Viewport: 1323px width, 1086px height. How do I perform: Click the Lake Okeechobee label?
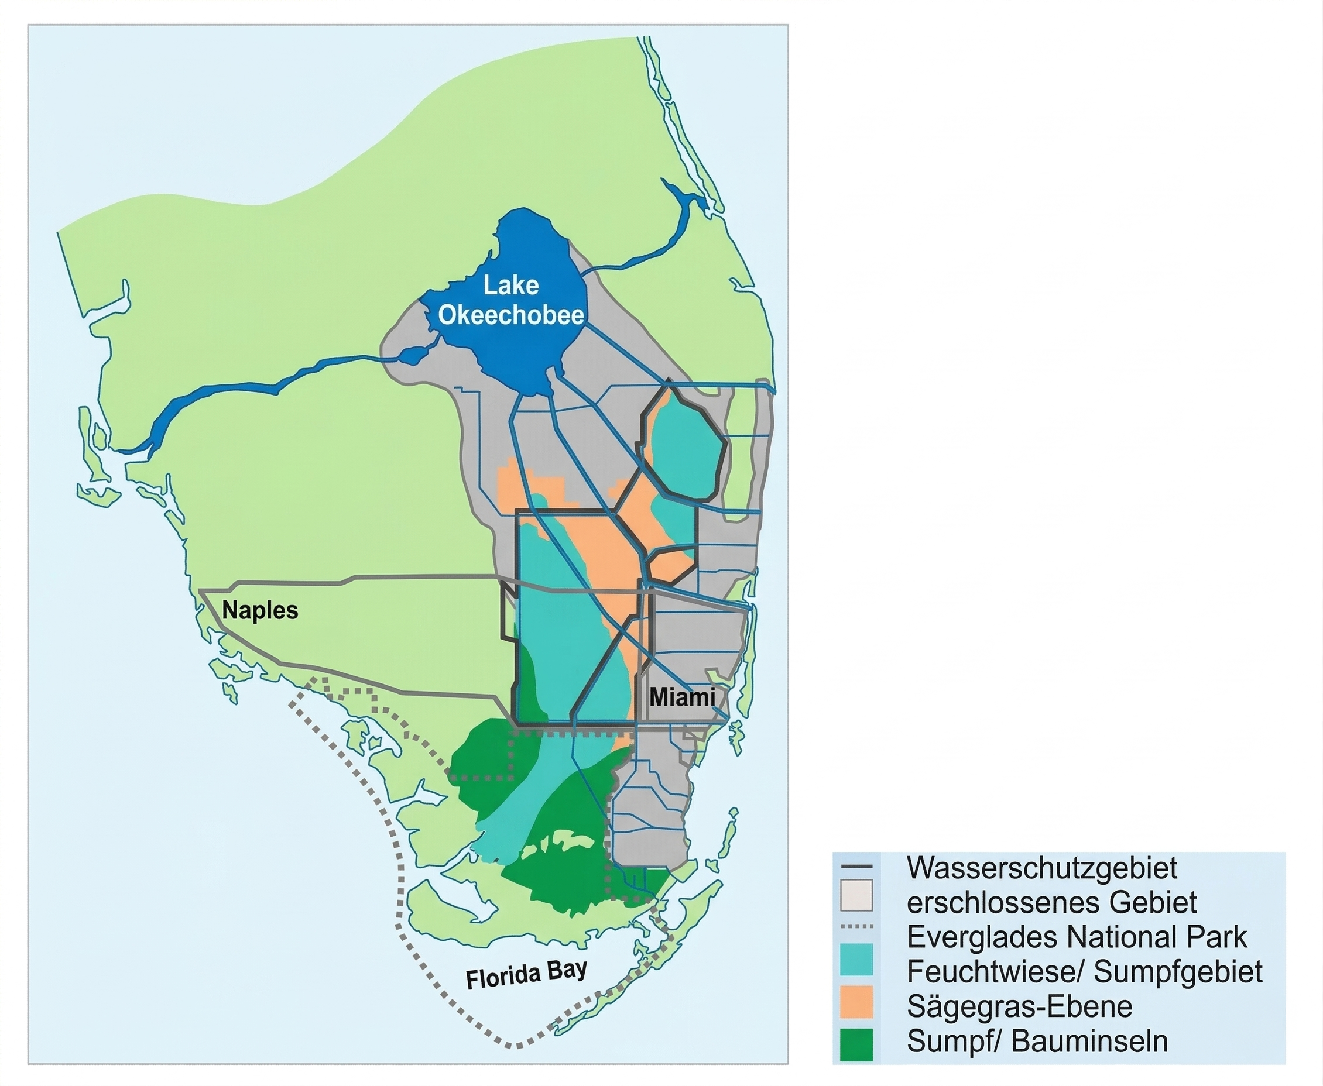pos(510,300)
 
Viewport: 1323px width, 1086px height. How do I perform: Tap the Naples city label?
pos(260,610)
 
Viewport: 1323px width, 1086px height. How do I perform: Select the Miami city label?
pos(681,697)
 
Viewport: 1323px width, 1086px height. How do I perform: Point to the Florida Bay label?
pos(526,974)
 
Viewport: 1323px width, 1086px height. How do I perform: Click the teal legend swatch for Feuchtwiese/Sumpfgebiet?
pos(857,959)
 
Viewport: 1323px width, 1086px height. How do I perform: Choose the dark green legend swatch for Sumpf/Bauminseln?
pos(857,1044)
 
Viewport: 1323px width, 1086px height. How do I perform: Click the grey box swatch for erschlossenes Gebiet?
pos(857,895)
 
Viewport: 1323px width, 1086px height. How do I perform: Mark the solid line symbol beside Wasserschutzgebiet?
pos(857,867)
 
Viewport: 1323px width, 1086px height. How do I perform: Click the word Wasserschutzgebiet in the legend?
pos(1042,868)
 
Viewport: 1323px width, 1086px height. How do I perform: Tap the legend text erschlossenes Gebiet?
pos(1051,903)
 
